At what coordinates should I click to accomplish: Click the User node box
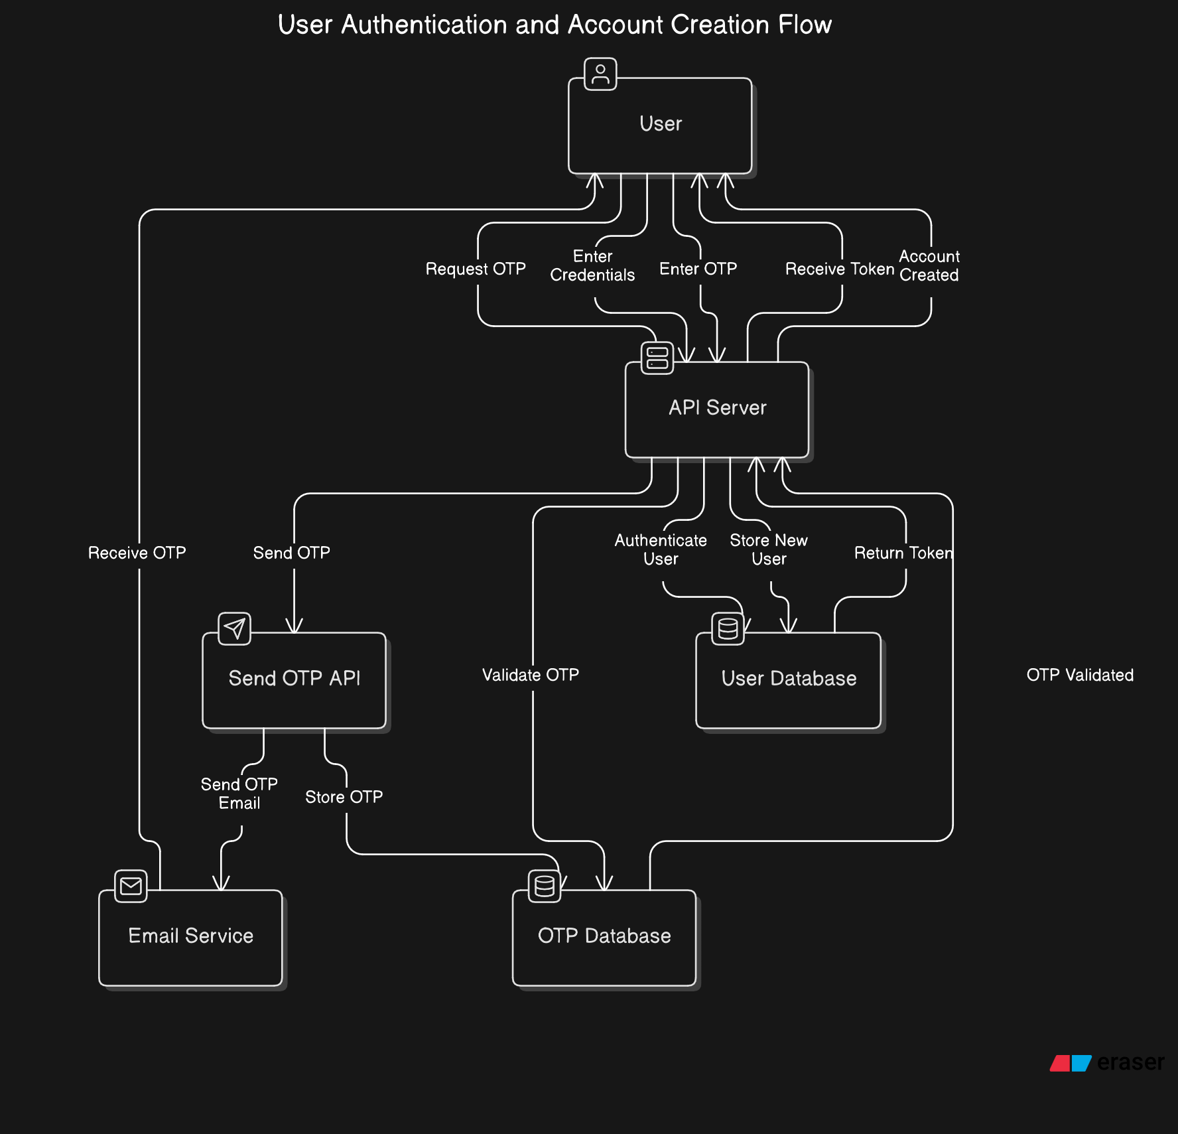pyautogui.click(x=660, y=125)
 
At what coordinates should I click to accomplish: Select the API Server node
pyautogui.click(x=717, y=409)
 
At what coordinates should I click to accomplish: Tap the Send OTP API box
pyautogui.click(x=294, y=679)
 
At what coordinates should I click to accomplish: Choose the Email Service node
pyautogui.click(x=190, y=937)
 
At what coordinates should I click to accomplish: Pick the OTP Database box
pyautogui.click(x=604, y=937)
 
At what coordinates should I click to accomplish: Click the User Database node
pyautogui.click(x=789, y=679)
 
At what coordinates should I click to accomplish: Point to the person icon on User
pyautogui.click(x=600, y=74)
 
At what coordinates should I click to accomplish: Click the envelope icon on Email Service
pyautogui.click(x=131, y=886)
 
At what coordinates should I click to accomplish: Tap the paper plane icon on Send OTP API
pyautogui.click(x=235, y=628)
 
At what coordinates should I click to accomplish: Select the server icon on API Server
pyautogui.click(x=657, y=358)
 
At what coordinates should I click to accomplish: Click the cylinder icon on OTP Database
pyautogui.click(x=545, y=886)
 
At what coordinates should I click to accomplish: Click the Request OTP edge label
pyautogui.click(x=476, y=269)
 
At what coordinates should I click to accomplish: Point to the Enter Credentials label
pyautogui.click(x=592, y=265)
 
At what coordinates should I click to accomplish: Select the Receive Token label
pyautogui.click(x=840, y=269)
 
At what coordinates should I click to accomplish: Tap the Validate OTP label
pyautogui.click(x=531, y=675)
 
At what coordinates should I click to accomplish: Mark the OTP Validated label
pyautogui.click(x=1080, y=675)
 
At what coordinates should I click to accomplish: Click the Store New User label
pyautogui.click(x=769, y=549)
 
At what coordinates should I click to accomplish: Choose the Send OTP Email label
pyautogui.click(x=239, y=794)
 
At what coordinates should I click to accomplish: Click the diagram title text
pyautogui.click(x=555, y=25)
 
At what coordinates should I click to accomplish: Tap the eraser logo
pyautogui.click(x=1107, y=1062)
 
